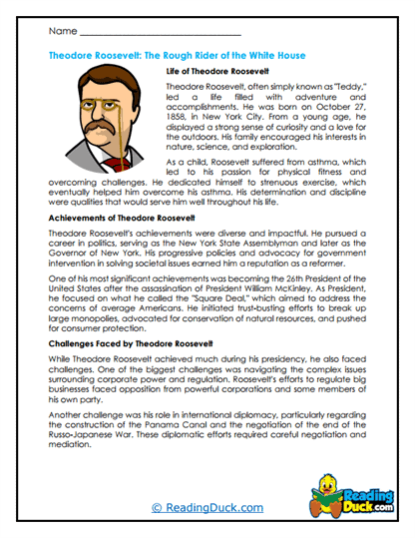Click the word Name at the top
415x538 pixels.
coord(63,33)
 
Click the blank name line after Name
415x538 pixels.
coord(150,36)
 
